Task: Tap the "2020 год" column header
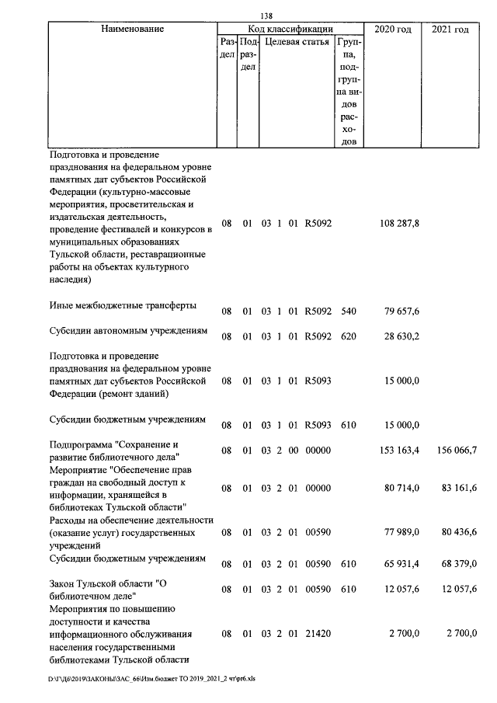393,29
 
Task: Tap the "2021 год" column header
450,29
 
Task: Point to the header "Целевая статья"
297,41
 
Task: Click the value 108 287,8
400,224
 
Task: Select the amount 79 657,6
402,311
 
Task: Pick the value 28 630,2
402,338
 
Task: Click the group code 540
349,311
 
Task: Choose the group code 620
349,338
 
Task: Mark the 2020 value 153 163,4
400,451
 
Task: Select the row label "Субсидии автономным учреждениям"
128,331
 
